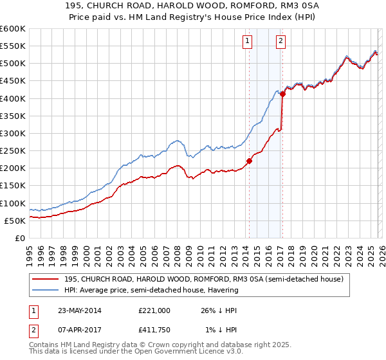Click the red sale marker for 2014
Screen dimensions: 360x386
point(249,161)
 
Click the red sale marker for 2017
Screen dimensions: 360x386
point(282,94)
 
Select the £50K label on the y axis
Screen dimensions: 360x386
point(15,221)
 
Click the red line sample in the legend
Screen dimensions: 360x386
point(46,279)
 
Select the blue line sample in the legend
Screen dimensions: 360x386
point(46,290)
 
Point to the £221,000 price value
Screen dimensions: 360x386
point(154,310)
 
